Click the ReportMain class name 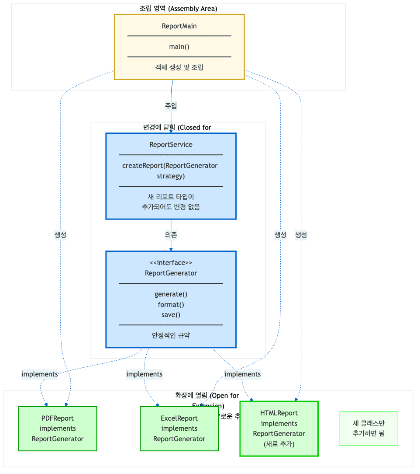pos(179,26)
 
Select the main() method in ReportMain pos(179,47)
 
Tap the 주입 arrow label pos(171,106)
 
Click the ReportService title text pos(171,145)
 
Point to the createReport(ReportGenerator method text pos(170,166)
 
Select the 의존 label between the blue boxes pos(171,235)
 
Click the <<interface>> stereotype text pos(171,263)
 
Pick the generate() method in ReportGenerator pos(171,294)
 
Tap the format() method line pos(171,305)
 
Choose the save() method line pos(171,315)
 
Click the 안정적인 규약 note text pos(171,336)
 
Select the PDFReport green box pos(58,429)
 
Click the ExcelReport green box pos(179,429)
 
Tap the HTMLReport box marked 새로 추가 pos(279,429)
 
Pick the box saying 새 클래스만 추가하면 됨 pos(368,429)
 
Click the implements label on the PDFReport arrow pos(40,374)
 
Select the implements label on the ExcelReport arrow pos(145,374)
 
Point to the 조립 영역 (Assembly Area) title pos(178,8)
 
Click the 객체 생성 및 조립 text pos(179,67)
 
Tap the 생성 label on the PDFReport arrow pos(60,235)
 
